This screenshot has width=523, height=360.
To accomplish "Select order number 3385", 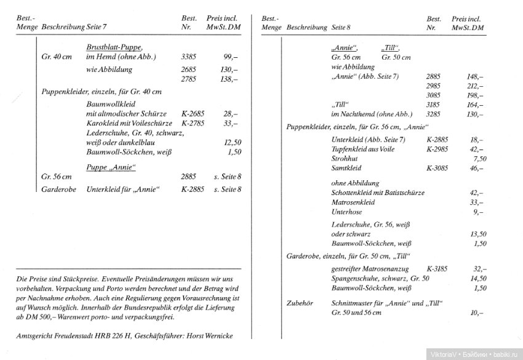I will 190,57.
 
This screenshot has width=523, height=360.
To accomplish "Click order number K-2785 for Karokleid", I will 193,123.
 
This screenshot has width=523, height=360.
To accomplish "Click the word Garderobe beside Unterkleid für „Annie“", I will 58,190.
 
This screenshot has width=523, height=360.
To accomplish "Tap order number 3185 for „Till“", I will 434,105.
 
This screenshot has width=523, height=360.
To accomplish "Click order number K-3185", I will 437,269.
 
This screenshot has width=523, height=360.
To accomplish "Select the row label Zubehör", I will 300,303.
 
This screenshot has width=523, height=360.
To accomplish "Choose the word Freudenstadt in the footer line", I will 81,336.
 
